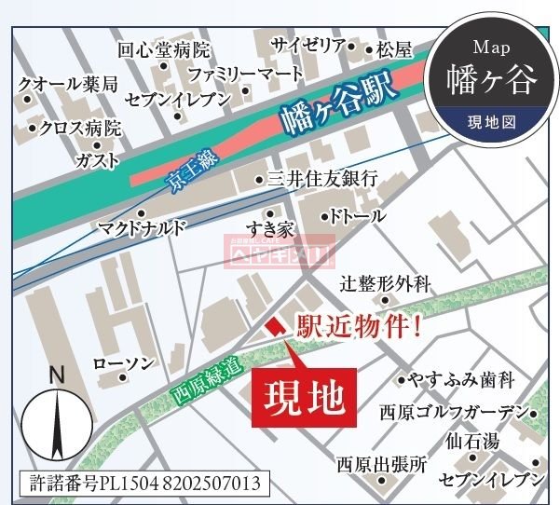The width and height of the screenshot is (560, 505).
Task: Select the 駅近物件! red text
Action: pyautogui.click(x=362, y=326)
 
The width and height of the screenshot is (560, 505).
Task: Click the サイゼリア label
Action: pyautogui.click(x=308, y=45)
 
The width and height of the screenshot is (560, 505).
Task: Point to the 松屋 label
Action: pyautogui.click(x=393, y=49)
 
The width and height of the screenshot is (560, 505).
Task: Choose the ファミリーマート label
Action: pyautogui.click(x=245, y=72)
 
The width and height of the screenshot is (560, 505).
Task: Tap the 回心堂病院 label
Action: pyautogui.click(x=164, y=49)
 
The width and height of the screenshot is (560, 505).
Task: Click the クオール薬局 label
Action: pyautogui.click(x=68, y=85)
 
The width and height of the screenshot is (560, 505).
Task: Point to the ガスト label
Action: pyautogui.click(x=98, y=160)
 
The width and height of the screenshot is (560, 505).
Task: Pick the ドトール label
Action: pyautogui.click(x=358, y=216)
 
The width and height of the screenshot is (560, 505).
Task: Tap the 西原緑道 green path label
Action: pyautogui.click(x=207, y=381)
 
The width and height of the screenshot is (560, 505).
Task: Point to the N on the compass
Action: pyautogui.click(x=57, y=375)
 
